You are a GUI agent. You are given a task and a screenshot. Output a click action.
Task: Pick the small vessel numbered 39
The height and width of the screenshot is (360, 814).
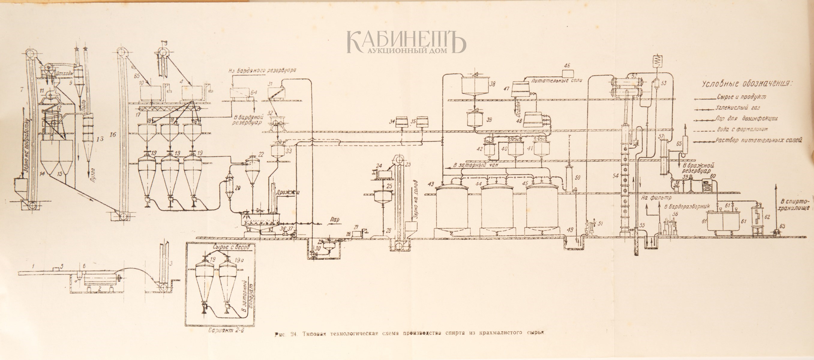(x=475, y=119)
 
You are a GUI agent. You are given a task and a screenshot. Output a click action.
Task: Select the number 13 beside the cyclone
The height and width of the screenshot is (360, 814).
(x=100, y=138)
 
